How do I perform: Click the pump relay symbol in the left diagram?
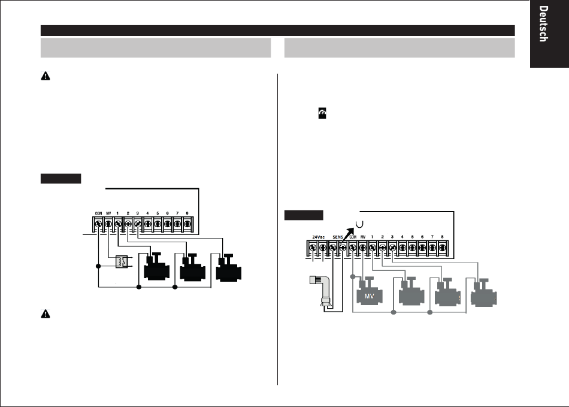pos(122,262)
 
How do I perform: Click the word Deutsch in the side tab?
pos(543,23)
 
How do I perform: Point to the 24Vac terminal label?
pos(318,237)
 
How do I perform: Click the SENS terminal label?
pos(337,237)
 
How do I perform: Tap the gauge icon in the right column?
pos(322,113)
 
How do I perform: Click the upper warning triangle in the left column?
pos(46,76)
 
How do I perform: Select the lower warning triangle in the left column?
pos(46,313)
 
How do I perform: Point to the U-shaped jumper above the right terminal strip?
pos(359,225)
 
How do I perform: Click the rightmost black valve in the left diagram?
pos(229,268)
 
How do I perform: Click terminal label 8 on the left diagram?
pos(187,213)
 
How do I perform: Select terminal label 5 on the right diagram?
pos(412,237)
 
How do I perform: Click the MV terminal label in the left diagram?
pos(108,213)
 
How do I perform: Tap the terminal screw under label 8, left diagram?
pos(187,224)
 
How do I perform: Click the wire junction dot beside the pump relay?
pos(98,266)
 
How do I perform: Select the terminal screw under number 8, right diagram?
pos(442,248)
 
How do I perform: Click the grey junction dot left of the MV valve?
pos(353,277)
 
